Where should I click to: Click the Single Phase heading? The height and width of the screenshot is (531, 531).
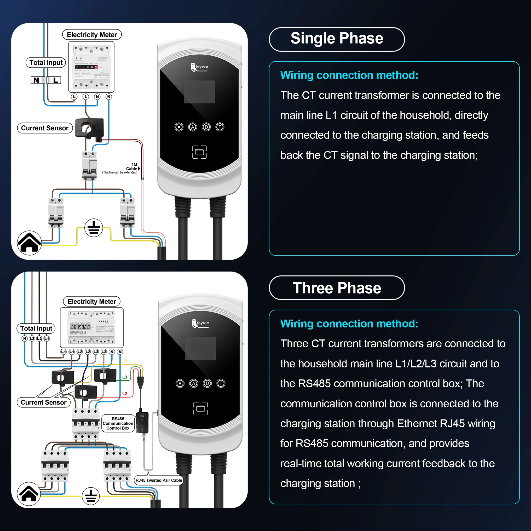point(337,39)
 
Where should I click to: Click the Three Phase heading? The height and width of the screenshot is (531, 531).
point(337,288)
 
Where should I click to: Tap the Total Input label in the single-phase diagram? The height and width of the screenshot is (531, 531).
point(46,63)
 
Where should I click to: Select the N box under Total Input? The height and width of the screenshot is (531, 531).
point(36,80)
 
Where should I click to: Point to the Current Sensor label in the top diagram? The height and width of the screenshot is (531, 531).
point(45,128)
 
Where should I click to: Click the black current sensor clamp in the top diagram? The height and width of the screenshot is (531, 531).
point(89,128)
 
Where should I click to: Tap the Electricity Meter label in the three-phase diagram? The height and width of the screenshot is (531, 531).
point(92,302)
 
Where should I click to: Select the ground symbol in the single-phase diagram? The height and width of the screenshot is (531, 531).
point(94,228)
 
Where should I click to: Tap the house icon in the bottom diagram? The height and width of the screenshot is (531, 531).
point(29,494)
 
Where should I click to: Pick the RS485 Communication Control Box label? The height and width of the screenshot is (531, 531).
point(118,423)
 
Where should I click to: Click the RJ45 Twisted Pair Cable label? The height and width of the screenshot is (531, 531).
point(159,480)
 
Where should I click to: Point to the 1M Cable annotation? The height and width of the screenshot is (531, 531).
point(132,167)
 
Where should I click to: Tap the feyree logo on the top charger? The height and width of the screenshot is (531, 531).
point(200,67)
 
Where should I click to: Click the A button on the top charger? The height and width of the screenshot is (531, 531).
point(193,127)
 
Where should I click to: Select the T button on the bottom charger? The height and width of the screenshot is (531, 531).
point(221,383)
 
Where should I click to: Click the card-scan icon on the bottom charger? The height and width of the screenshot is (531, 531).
point(200,408)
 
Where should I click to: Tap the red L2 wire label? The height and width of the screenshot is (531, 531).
point(124,394)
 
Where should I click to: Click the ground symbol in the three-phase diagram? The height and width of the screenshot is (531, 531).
point(91,496)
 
